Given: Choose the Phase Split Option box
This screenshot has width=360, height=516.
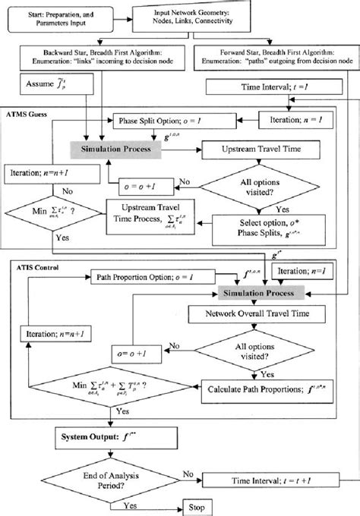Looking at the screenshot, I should [156, 120].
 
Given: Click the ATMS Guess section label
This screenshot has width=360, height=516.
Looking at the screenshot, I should [27, 112].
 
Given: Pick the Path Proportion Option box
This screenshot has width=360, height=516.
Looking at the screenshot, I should [137, 275].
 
